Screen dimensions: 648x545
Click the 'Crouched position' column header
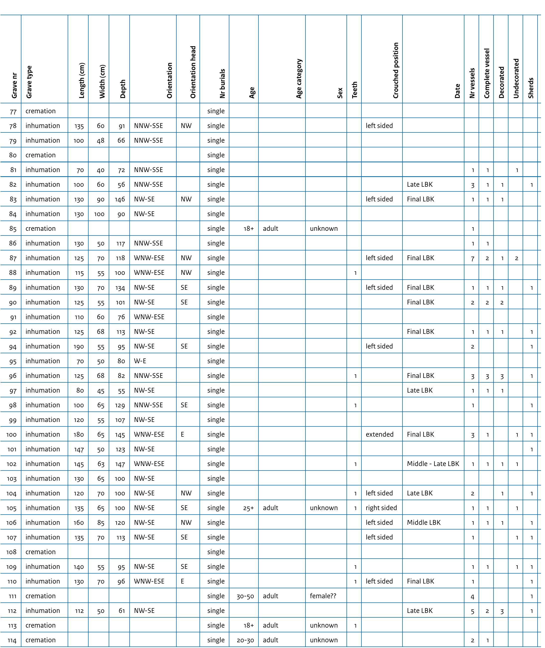[396, 70]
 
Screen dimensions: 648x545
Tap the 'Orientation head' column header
[193, 72]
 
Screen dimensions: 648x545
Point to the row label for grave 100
[11, 435]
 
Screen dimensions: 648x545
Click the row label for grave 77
[13, 111]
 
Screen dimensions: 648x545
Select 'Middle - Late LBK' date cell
[433, 464]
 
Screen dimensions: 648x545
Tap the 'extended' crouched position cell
[379, 434]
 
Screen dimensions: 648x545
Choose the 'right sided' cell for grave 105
[381, 508]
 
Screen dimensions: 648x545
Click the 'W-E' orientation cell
[140, 361]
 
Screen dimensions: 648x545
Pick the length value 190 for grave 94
[79, 347]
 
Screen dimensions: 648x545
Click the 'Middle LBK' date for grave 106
[424, 523]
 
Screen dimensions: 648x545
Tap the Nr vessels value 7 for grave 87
[472, 258]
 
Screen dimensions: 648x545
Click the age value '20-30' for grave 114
[245, 640]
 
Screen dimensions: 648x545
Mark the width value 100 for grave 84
[99, 214]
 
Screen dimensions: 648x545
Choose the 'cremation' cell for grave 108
[41, 552]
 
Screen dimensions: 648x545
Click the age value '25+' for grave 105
[248, 508]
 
